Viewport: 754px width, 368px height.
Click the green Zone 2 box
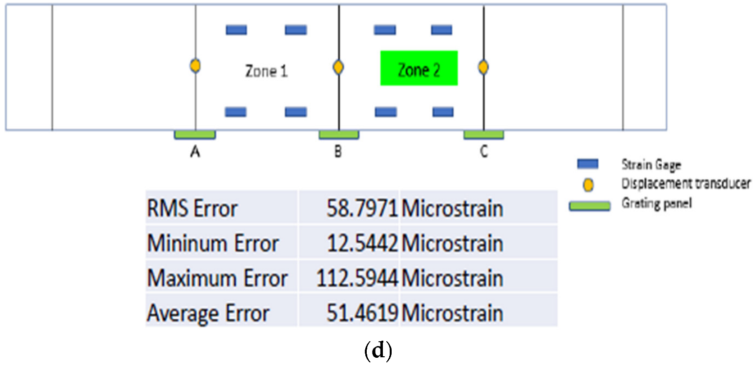point(419,68)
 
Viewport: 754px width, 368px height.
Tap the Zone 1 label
point(266,72)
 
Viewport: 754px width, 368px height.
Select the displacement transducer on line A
point(195,65)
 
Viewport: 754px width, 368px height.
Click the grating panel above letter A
point(195,135)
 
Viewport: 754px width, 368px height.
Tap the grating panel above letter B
point(339,135)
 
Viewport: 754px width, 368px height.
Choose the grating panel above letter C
point(483,135)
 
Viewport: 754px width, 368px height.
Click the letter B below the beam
point(338,153)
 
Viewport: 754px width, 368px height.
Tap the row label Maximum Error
point(217,279)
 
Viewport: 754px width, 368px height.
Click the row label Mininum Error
point(213,243)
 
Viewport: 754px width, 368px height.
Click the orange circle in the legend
point(588,185)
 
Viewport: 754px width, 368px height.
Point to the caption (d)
point(378,352)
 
